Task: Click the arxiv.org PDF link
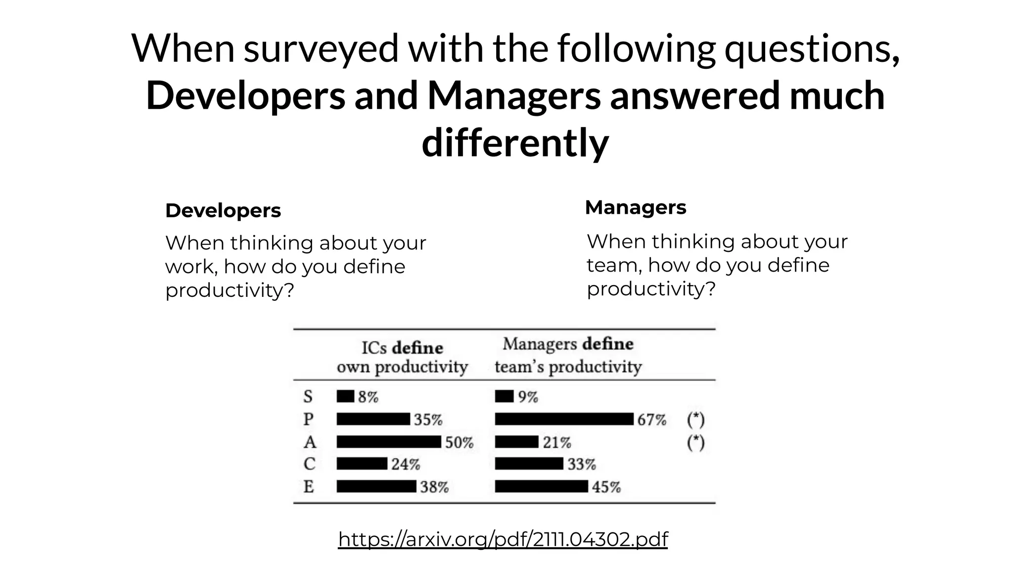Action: point(503,539)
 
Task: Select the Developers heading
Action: point(223,211)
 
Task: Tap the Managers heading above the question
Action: point(636,207)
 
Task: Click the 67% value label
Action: point(651,420)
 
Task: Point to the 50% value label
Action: point(459,442)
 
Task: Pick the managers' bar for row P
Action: point(564,419)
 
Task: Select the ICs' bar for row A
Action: point(389,442)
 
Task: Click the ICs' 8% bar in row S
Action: point(345,396)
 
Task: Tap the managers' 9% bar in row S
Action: point(504,396)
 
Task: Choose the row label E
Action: point(309,487)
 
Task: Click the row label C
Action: point(309,464)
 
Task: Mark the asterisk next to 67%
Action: point(695,420)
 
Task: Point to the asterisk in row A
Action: point(695,442)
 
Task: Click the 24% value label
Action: point(406,464)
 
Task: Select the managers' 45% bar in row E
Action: point(542,486)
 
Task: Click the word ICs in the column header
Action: point(374,348)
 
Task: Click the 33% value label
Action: point(581,464)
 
